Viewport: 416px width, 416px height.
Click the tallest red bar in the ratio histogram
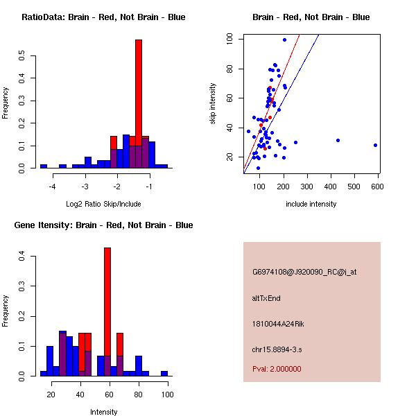tap(139, 90)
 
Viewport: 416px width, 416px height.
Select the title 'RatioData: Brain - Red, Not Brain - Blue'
tap(103, 17)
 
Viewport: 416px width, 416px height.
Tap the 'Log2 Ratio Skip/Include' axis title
tap(103, 204)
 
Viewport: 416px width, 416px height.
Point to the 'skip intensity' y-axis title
tap(214, 103)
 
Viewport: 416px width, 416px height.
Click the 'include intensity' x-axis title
tap(311, 204)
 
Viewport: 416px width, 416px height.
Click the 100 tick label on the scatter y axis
tap(229, 40)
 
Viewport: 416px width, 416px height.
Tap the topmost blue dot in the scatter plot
tap(284, 40)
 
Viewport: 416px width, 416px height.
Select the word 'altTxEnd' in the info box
tap(266, 298)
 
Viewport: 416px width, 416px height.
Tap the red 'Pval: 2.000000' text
tap(277, 369)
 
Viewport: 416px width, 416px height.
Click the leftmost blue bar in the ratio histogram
tap(43, 166)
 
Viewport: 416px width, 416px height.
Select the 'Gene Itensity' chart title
tap(103, 225)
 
